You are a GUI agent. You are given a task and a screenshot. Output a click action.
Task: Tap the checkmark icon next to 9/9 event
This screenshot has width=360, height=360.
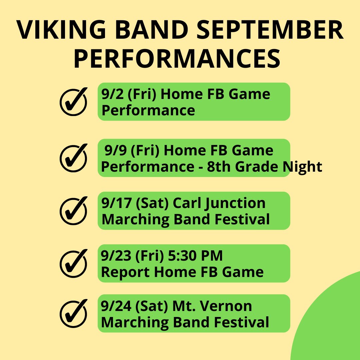pyautogui.click(x=73, y=157)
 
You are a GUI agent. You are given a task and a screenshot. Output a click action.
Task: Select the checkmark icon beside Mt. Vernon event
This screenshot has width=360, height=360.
pyautogui.click(x=73, y=313)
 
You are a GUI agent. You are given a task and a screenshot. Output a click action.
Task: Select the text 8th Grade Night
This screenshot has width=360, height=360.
pyautogui.click(x=263, y=167)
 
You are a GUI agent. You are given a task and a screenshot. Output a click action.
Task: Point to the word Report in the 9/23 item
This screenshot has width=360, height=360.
pyautogui.click(x=125, y=272)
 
